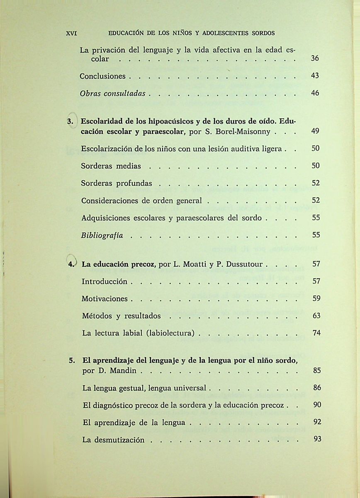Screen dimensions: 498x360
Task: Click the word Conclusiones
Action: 102,76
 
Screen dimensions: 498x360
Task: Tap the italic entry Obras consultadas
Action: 112,94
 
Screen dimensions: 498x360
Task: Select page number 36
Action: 315,59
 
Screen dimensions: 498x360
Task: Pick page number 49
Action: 315,132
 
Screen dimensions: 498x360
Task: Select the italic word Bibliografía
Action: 102,235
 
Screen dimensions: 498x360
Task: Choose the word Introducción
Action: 105,281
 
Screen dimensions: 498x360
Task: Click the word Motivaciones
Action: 105,299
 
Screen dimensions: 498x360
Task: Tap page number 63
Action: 316,316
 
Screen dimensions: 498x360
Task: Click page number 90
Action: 317,405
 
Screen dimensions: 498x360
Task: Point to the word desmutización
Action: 119,440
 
